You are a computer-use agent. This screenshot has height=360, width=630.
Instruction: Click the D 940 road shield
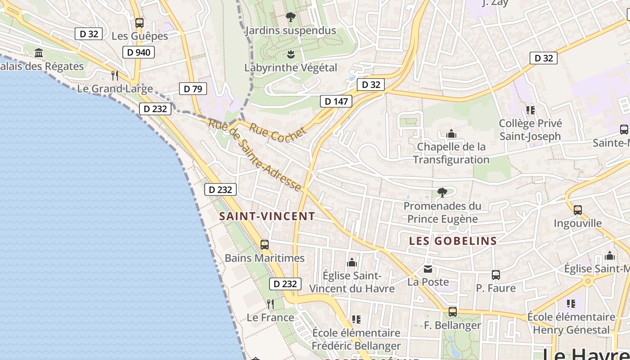(139, 52)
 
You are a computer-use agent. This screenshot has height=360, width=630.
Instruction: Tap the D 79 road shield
(193, 89)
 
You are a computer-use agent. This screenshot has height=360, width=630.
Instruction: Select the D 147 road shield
(336, 101)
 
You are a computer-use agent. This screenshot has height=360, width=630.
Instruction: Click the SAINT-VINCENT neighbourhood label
(267, 216)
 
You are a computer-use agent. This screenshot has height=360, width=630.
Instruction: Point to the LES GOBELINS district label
(453, 241)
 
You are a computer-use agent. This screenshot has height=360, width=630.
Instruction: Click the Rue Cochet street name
(278, 133)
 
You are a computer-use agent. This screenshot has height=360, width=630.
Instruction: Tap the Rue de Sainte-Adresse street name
(254, 155)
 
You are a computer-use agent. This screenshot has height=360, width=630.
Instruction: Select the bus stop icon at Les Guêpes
(139, 22)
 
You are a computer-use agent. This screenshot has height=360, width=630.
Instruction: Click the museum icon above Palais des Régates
(39, 53)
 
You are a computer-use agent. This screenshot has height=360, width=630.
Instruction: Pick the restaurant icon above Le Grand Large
(115, 75)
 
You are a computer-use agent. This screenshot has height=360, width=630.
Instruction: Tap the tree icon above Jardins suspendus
(291, 17)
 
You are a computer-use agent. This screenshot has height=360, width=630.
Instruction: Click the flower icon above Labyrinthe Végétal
(291, 54)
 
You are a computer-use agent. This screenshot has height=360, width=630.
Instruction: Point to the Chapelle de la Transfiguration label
(451, 153)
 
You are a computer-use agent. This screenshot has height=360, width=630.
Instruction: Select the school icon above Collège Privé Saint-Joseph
(530, 110)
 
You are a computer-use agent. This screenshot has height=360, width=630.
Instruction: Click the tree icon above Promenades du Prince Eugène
(442, 193)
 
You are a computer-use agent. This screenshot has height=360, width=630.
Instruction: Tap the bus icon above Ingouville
(578, 210)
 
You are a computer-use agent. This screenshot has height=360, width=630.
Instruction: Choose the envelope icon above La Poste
(428, 269)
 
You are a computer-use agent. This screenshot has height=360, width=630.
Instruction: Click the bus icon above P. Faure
(496, 274)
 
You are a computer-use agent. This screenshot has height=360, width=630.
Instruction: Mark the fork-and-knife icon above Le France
(270, 304)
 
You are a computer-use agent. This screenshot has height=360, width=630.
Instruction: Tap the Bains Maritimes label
(265, 258)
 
